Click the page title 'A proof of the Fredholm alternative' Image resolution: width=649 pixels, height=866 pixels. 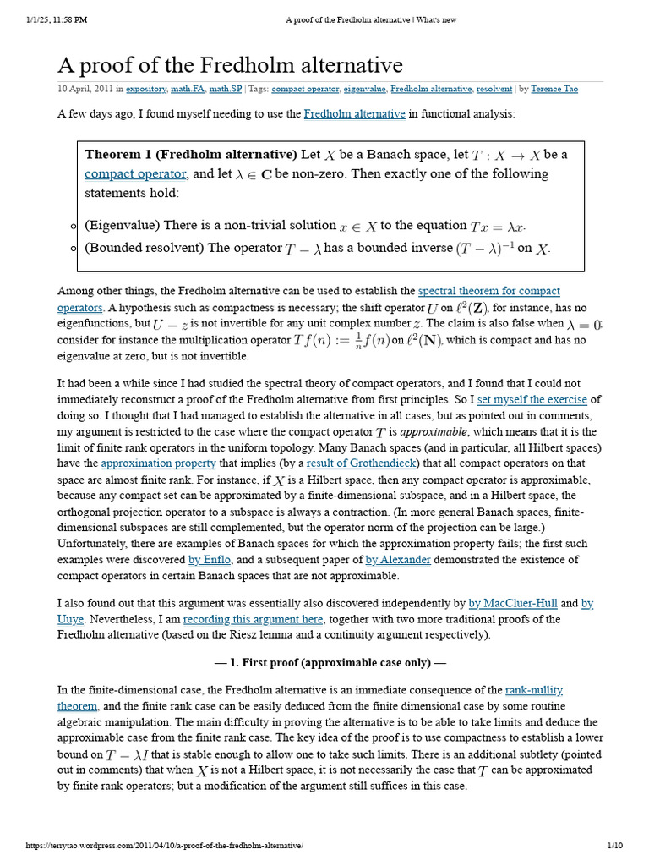(x=230, y=65)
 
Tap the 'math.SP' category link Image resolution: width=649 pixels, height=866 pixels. (x=226, y=89)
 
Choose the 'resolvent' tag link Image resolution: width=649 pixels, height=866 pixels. (x=494, y=89)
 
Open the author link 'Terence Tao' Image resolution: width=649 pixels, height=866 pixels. (x=555, y=89)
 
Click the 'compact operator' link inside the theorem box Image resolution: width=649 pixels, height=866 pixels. (x=135, y=174)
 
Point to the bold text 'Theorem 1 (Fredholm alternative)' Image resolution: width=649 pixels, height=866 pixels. (x=191, y=155)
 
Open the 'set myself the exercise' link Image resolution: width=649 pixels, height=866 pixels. (x=532, y=399)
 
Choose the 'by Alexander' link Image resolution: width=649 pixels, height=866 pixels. (x=397, y=560)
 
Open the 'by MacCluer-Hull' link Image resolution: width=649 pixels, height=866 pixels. (x=513, y=603)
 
